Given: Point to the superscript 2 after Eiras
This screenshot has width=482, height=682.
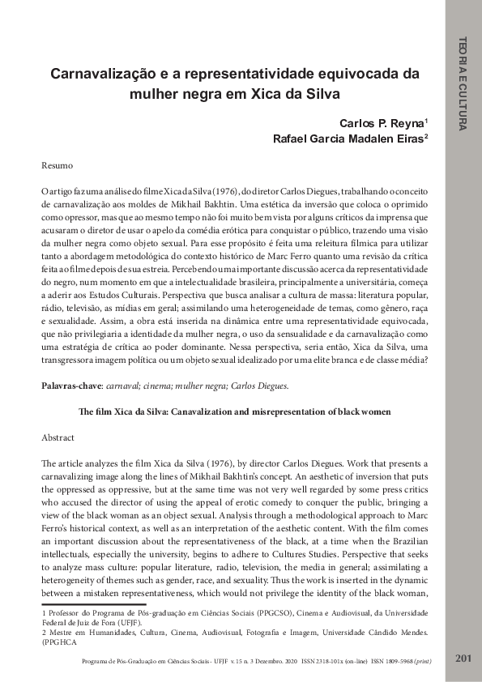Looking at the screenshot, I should coord(426,136).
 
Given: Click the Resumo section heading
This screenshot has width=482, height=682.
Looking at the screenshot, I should coord(58,165).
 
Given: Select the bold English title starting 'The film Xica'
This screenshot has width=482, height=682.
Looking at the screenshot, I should coord(235,411).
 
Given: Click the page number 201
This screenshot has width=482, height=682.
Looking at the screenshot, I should coord(463,657).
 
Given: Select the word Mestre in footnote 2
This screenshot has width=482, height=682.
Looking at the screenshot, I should coord(61,631).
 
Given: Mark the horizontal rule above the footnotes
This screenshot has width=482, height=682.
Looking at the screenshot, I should coord(93,604).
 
